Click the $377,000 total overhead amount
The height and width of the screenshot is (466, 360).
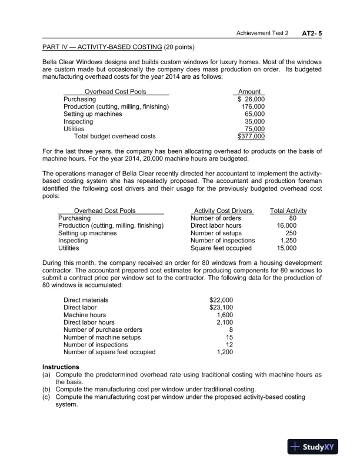click(251, 137)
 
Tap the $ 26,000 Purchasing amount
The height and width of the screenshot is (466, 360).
click(251, 99)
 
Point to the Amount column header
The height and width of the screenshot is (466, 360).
click(249, 92)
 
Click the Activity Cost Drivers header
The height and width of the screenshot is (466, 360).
click(222, 211)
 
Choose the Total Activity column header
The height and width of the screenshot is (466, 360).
click(288, 211)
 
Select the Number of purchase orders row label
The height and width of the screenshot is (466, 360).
click(103, 329)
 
